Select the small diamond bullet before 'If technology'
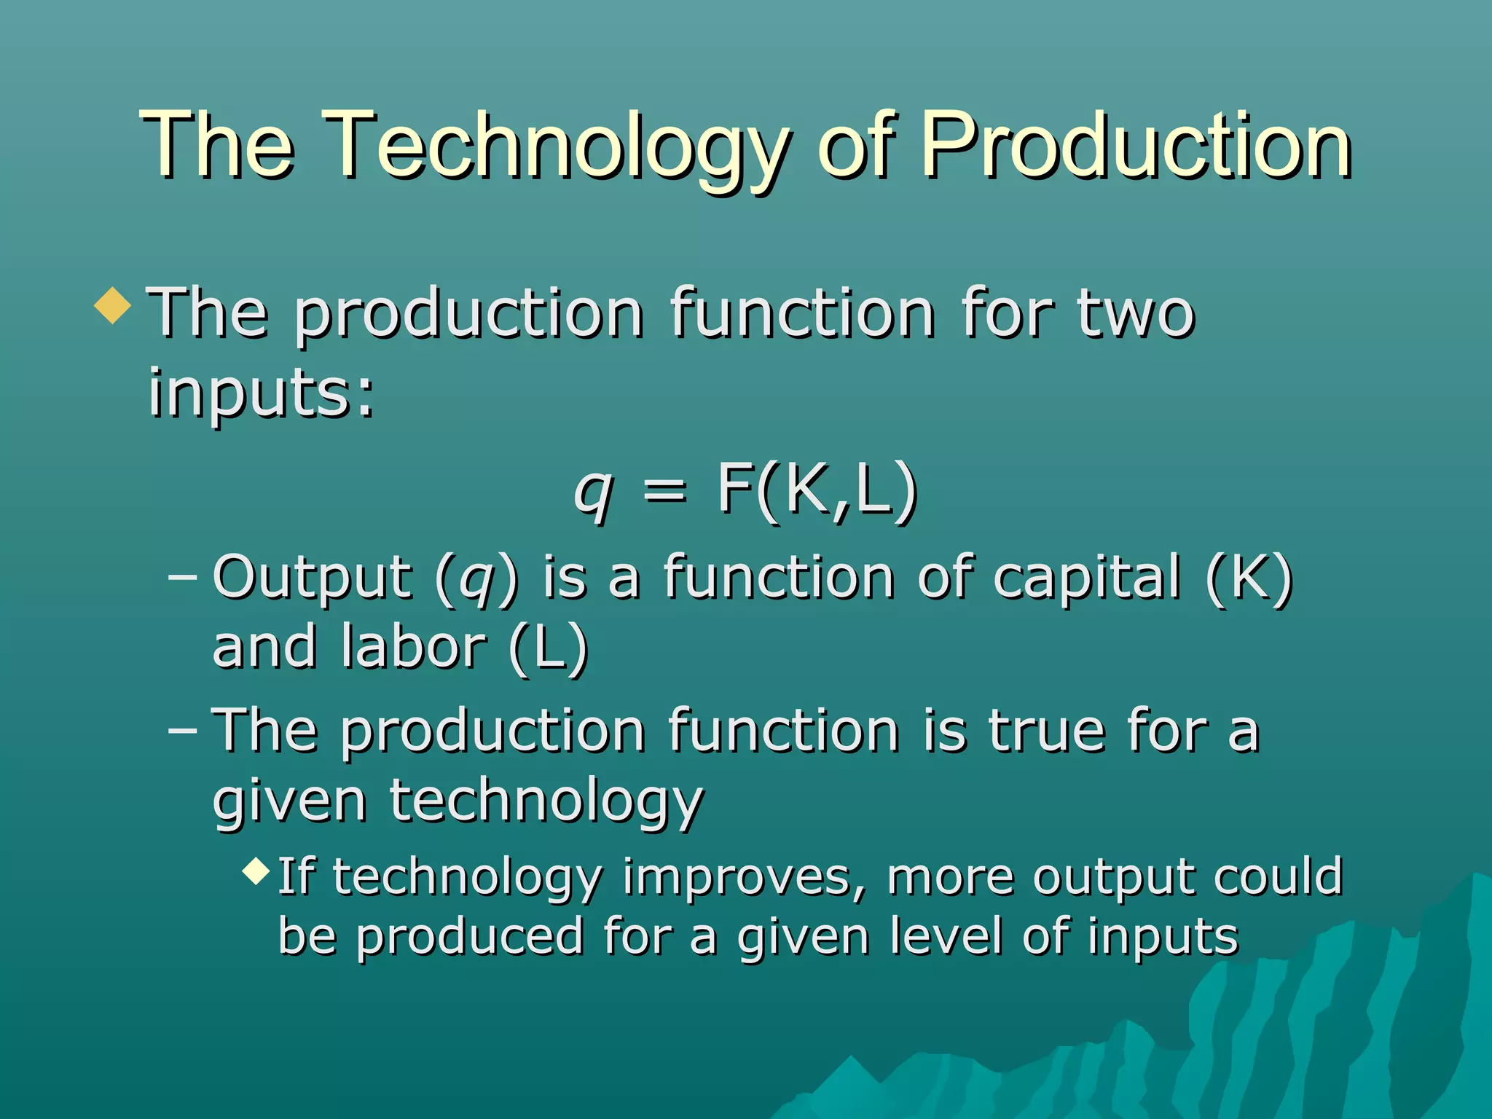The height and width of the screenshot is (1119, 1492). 256,870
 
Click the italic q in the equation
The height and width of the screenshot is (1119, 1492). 593,491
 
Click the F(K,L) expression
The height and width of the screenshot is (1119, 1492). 817,490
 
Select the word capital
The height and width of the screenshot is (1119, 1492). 1086,578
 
